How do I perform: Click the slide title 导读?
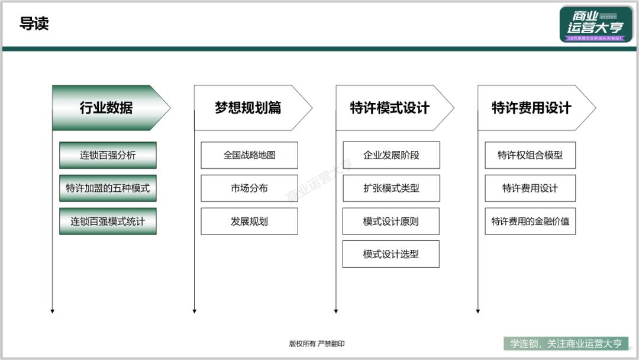tap(34, 24)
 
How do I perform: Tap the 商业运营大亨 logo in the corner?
tap(595, 25)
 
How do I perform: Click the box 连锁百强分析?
tap(108, 155)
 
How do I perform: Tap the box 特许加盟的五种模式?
tap(108, 188)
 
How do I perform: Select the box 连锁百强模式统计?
tap(108, 221)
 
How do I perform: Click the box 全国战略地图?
tap(249, 155)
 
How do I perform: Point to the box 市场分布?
tap(249, 188)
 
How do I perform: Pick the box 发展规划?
tap(249, 221)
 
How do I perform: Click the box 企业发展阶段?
tap(391, 155)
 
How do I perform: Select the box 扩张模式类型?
tap(391, 188)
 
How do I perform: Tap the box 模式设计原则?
tap(391, 221)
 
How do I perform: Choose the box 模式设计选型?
tap(391, 254)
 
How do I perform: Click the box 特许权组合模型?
tap(530, 155)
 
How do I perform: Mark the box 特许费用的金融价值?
tap(530, 221)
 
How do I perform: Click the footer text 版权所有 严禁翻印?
tap(317, 343)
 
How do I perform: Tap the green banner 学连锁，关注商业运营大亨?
tap(566, 343)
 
